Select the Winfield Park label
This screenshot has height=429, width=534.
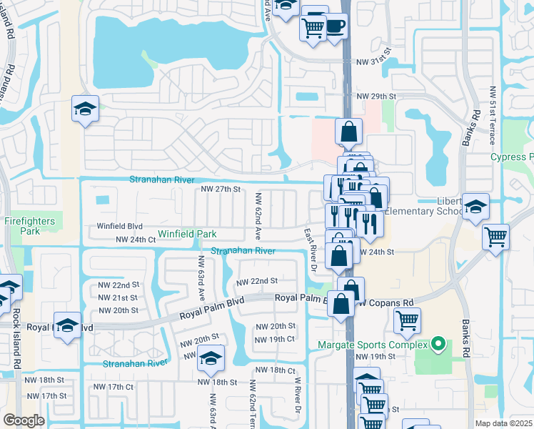[187, 234]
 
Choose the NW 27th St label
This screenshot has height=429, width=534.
[222, 189]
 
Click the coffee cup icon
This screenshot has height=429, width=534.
[334, 26]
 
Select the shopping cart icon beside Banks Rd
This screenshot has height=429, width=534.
[495, 235]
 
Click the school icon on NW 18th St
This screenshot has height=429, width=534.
[211, 357]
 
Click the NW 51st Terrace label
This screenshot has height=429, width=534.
[493, 115]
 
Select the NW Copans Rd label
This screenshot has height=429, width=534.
[390, 302]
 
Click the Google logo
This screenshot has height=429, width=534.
[24, 420]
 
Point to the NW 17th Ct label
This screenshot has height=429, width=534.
[114, 387]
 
